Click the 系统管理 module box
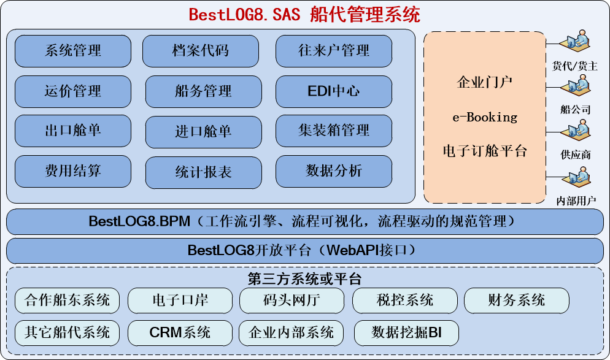pos(72,51)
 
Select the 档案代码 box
pos(201,51)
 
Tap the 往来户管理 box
pos(333,51)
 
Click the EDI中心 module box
pos(333,91)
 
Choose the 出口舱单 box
pos(72,131)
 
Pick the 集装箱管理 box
pos(333,131)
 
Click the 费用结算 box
pos(72,171)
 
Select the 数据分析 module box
pos(333,171)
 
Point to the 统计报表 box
pos(203,172)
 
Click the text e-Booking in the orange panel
pos(484,117)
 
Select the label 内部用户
pos(576,201)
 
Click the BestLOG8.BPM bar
pos(304,221)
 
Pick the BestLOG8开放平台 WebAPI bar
pos(304,251)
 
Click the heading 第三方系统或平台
pos(304,279)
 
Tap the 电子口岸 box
pos(180,301)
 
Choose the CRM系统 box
pos(180,333)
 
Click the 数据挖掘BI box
pos(406,333)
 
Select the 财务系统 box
pos(516,301)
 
